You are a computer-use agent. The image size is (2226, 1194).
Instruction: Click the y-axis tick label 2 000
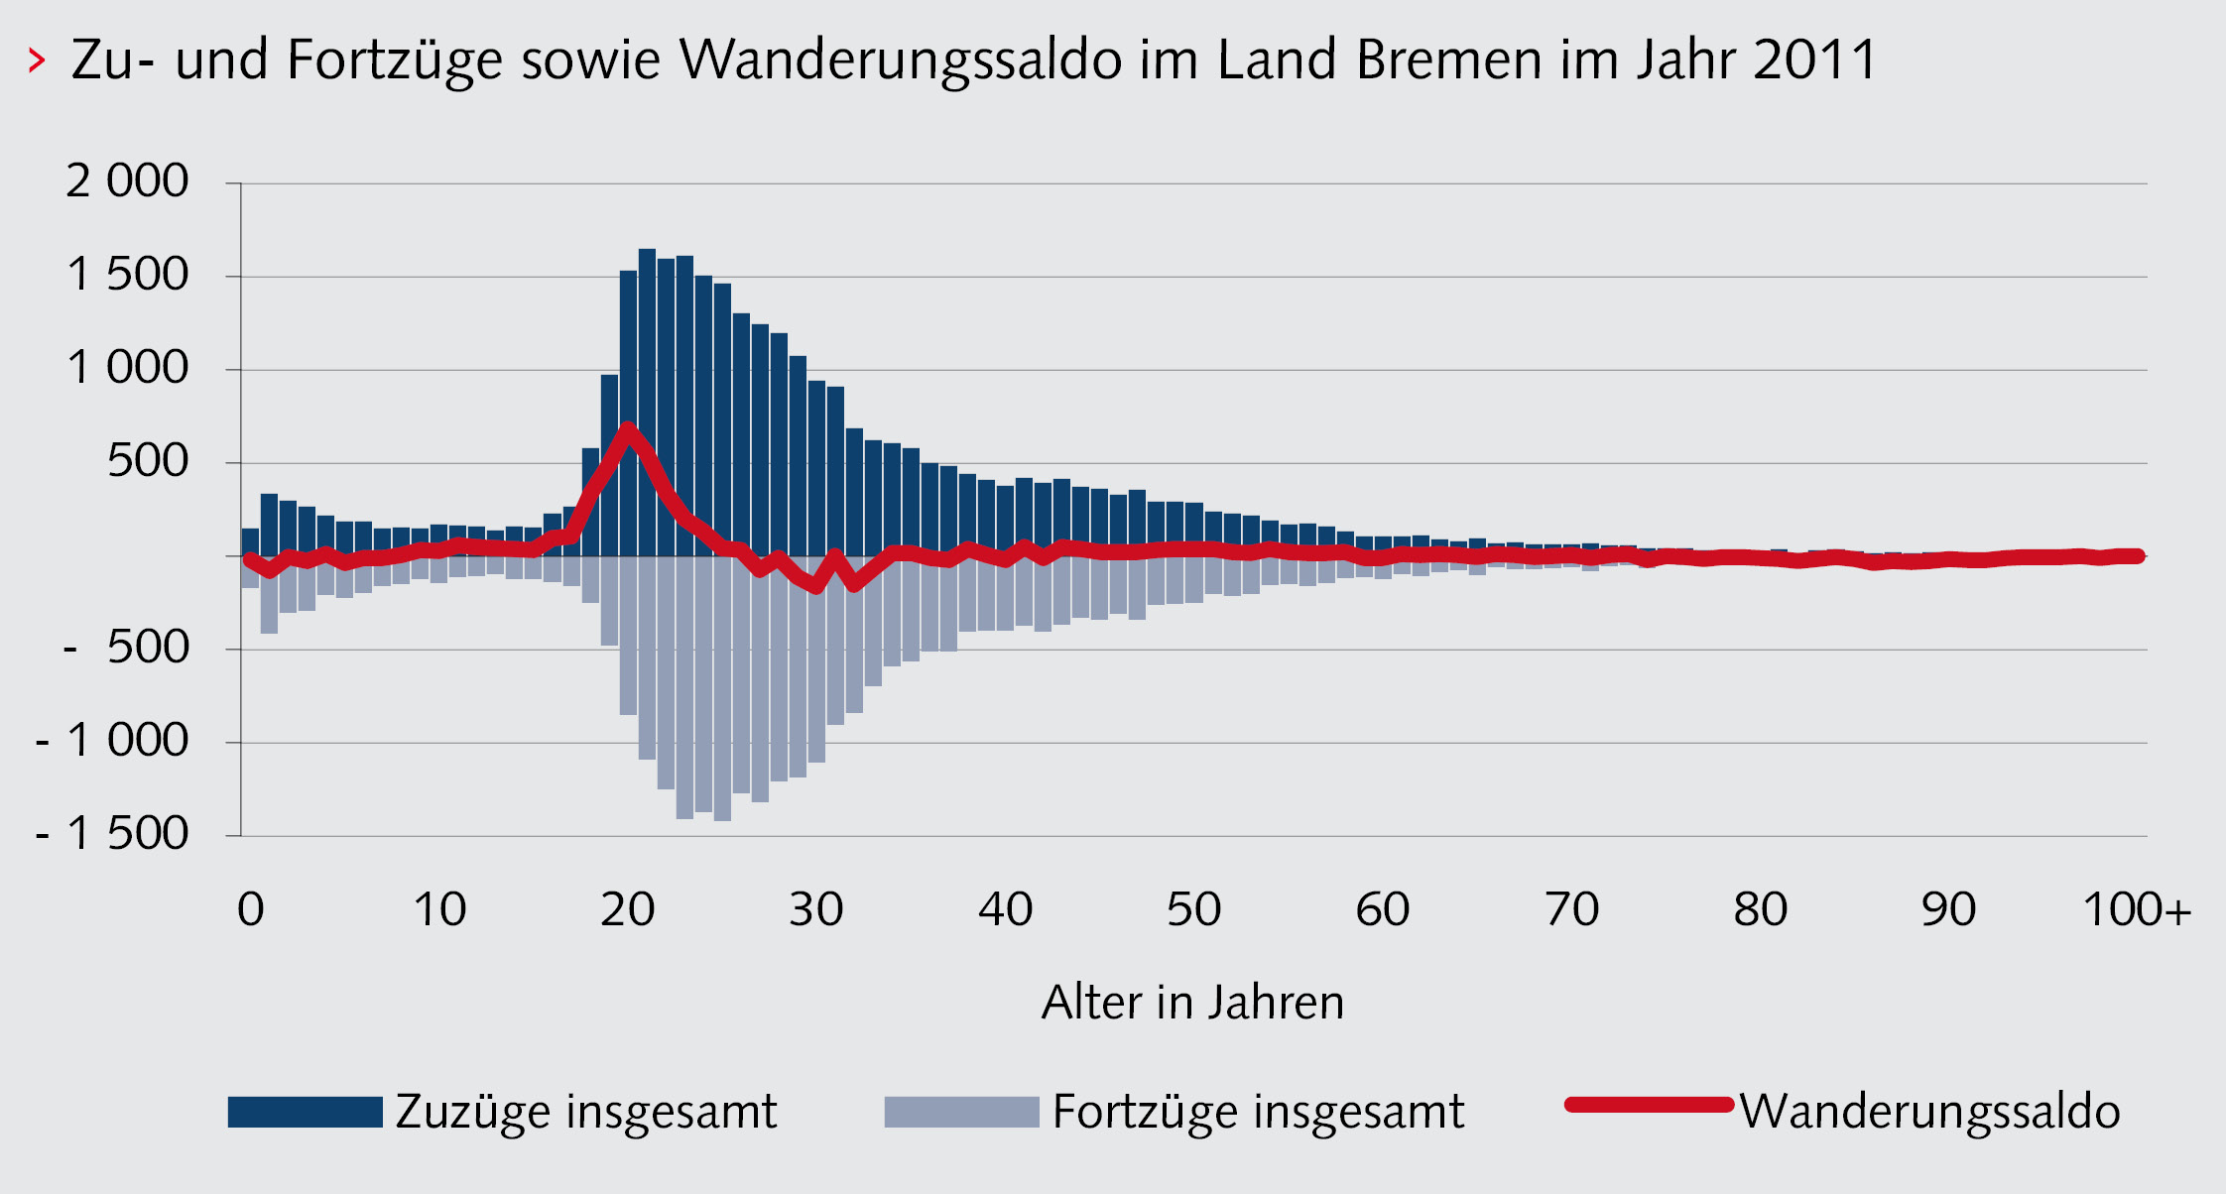tap(127, 181)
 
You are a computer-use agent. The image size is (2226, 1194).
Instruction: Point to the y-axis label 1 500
tap(127, 275)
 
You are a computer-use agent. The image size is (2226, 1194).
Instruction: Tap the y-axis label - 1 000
tap(111, 741)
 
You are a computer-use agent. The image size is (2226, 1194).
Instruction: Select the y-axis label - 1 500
tap(111, 834)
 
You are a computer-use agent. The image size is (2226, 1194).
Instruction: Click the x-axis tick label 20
tap(627, 909)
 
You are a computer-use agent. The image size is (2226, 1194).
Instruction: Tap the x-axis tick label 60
tap(1383, 909)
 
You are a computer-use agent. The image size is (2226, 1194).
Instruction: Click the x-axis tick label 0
tap(251, 909)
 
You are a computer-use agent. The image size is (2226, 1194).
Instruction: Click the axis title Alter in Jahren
tap(1192, 1003)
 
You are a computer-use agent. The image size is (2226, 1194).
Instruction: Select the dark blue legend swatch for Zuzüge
tap(305, 1112)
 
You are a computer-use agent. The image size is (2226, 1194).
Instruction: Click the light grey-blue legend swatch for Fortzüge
tap(961, 1112)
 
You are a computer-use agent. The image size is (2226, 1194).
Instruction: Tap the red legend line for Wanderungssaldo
tap(1649, 1105)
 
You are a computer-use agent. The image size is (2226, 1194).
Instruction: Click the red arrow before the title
tap(37, 60)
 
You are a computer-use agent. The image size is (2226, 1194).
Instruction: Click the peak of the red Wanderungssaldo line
tap(628, 428)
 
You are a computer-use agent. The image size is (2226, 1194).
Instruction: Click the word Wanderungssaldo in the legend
tap(1929, 1112)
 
